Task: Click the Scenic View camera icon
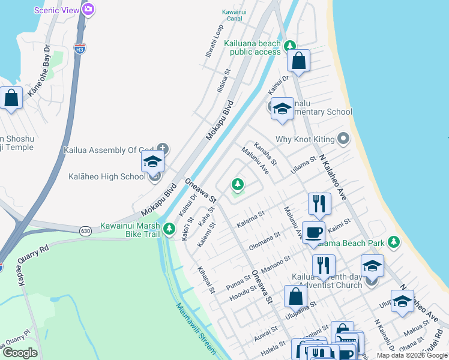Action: [x=88, y=9]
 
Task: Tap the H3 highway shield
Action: [x=79, y=47]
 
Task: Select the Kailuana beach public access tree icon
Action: [x=290, y=46]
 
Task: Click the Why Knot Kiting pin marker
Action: [x=343, y=139]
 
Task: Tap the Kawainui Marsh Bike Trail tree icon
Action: [x=170, y=228]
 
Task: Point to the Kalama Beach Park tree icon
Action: [x=394, y=242]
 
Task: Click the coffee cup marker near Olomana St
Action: [x=312, y=232]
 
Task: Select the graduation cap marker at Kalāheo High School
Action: [x=152, y=161]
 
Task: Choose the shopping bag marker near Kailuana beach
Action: [x=298, y=61]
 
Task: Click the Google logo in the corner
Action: [x=20, y=353]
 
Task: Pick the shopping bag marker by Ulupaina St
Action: [x=295, y=296]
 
